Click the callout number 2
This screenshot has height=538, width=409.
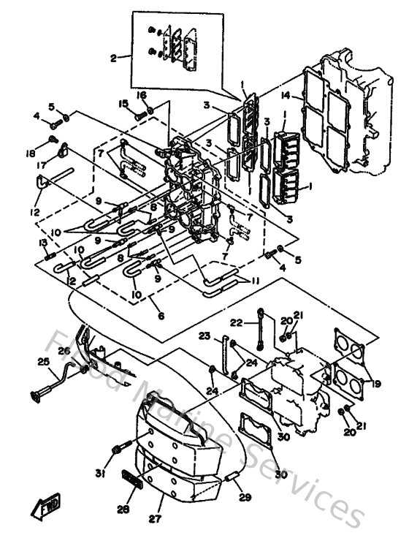[x=113, y=56]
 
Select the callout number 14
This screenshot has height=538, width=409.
[x=286, y=94]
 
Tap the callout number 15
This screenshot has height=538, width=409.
[x=123, y=103]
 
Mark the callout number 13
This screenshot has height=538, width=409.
[x=43, y=243]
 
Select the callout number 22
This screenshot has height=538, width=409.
[x=235, y=322]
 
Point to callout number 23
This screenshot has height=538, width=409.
[x=205, y=336]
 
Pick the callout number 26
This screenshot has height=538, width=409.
[x=64, y=352]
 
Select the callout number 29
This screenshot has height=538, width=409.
[x=245, y=497]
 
